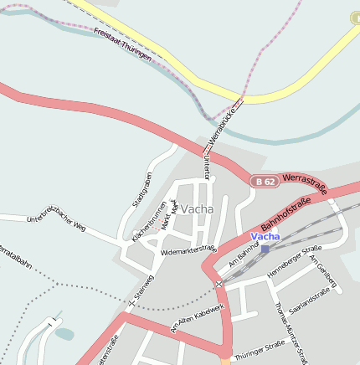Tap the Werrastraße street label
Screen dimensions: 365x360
304,178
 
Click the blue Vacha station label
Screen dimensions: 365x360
265,236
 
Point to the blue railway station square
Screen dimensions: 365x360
265,249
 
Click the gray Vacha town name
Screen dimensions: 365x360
198,208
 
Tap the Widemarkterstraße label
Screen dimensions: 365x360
188,249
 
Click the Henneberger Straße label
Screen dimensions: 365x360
294,263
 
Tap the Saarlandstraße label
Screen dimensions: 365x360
309,306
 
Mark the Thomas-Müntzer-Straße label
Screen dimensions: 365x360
289,332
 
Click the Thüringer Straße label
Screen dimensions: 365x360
260,350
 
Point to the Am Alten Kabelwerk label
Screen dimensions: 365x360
198,318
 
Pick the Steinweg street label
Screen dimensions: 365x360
143,286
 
